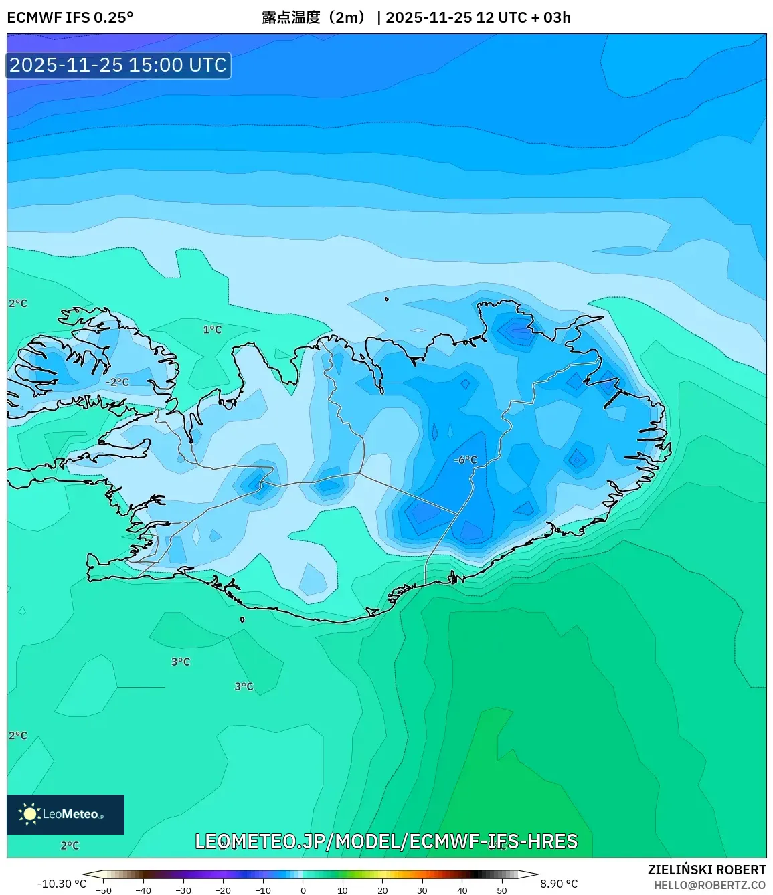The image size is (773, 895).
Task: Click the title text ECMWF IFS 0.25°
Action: point(70,17)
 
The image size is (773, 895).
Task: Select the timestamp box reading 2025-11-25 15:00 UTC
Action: point(118,65)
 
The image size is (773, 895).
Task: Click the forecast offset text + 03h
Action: point(551,17)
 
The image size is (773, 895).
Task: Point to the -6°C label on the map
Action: point(465,460)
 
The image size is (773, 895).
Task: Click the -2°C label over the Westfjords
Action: point(117,382)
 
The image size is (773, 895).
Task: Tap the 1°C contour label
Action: point(212,330)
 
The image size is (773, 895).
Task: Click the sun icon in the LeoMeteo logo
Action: point(29,814)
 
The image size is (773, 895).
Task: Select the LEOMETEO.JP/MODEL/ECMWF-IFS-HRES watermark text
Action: point(386,841)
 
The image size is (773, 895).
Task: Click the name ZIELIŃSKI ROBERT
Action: point(706,870)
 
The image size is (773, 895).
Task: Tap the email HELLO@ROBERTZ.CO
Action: point(709,885)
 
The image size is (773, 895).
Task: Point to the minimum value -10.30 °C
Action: point(62,884)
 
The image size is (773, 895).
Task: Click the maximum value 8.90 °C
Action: point(559,884)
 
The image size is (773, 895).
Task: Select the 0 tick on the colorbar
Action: point(303,890)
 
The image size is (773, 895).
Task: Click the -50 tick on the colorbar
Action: point(104,890)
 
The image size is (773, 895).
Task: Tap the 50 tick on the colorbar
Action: point(502,890)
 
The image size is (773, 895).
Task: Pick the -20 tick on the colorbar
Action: point(223,890)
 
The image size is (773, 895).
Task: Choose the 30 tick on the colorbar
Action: point(422,890)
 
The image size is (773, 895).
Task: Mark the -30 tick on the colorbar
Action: point(183,890)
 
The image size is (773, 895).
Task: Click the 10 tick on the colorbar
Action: point(343,890)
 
